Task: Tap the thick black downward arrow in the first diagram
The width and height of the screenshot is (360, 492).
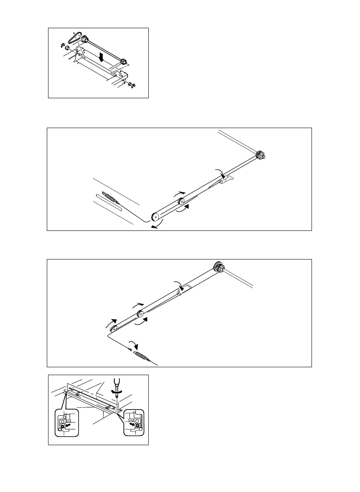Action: click(101, 57)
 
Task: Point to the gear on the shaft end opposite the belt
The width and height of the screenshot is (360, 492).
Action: click(123, 62)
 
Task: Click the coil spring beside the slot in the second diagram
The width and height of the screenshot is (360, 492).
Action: click(110, 197)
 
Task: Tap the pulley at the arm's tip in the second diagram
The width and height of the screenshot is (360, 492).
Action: click(155, 216)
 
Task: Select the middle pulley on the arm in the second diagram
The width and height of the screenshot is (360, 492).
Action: click(181, 201)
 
